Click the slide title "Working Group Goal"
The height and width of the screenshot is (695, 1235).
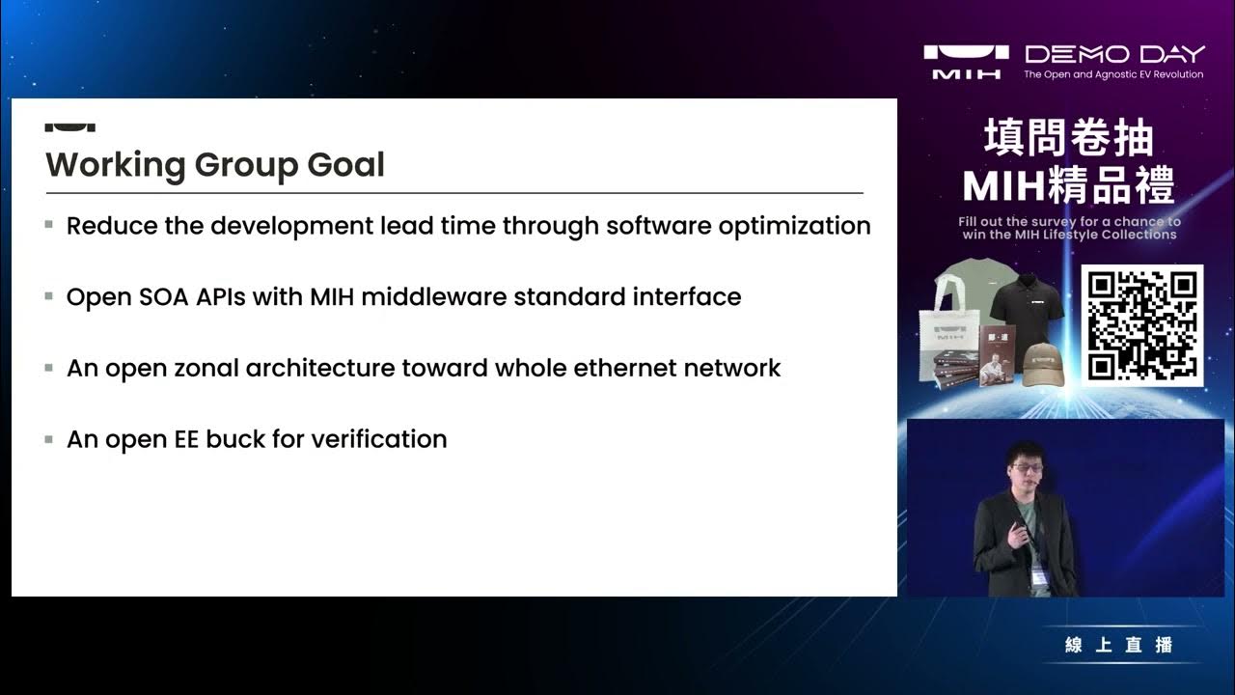[215, 165]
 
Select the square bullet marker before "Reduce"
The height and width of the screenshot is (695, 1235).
[49, 225]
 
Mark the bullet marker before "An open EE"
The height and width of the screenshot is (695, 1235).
[49, 438]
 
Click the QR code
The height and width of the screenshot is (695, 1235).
[1142, 325]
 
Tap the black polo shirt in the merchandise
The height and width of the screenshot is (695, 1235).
[1028, 309]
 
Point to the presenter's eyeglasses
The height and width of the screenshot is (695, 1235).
[1027, 468]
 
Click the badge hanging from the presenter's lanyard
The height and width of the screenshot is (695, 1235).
[1039, 576]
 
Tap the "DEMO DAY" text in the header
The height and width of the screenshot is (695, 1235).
[1114, 54]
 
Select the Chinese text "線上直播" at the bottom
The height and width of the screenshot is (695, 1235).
[1119, 645]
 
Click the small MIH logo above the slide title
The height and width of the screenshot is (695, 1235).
[69, 125]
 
